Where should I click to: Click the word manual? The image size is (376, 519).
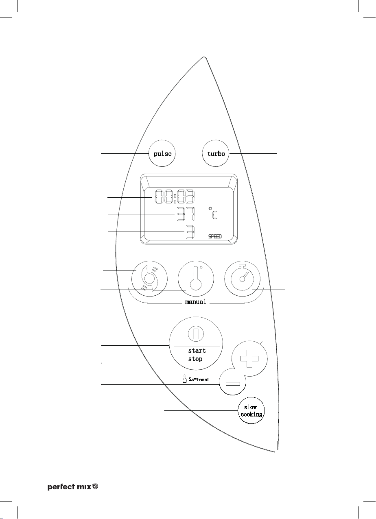click(x=196, y=302)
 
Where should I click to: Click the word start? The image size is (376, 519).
click(x=197, y=350)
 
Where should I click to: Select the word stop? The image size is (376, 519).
click(x=195, y=359)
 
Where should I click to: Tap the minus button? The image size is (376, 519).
click(x=231, y=384)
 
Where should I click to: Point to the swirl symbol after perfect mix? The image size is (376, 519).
click(x=96, y=486)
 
